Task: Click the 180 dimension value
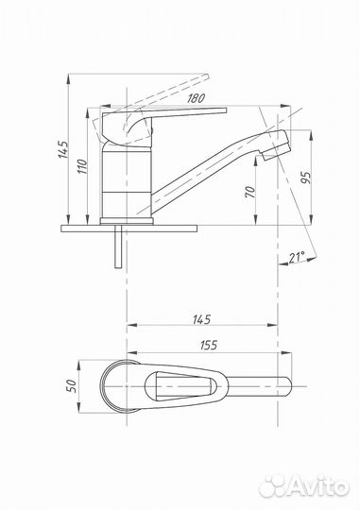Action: click(196, 98)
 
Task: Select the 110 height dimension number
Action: click(82, 166)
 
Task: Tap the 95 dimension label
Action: click(306, 178)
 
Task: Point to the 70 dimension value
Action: click(250, 192)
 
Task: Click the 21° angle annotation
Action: click(297, 257)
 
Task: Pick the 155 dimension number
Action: click(208, 345)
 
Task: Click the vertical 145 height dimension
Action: click(63, 149)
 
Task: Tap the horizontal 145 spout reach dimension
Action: click(202, 319)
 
